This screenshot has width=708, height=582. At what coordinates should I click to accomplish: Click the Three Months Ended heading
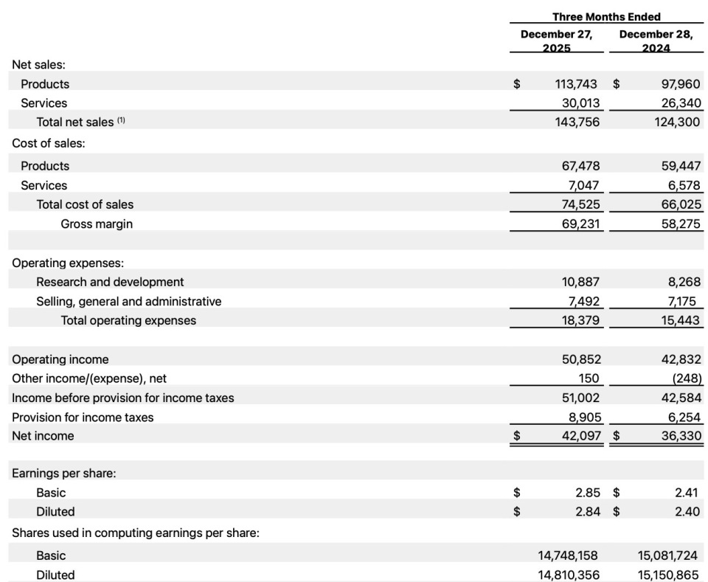(606, 16)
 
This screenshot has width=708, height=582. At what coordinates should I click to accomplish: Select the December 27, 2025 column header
(556, 41)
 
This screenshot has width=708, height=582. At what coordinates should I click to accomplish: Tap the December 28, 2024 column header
(656, 41)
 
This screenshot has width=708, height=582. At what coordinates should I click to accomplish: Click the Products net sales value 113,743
(576, 84)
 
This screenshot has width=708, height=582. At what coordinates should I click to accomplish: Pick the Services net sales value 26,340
(678, 103)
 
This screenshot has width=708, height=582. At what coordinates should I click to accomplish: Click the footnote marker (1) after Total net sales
(122, 120)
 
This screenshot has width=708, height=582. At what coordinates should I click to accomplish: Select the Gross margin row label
(97, 224)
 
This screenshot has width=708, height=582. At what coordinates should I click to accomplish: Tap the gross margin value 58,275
(680, 224)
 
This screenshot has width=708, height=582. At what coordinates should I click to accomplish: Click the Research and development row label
(110, 282)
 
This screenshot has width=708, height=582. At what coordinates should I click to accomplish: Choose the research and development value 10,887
(580, 282)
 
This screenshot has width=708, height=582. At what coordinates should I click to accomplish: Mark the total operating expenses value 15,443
(679, 320)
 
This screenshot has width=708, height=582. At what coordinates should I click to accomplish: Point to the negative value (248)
(687, 378)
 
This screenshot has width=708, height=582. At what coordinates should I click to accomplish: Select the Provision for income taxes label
(83, 417)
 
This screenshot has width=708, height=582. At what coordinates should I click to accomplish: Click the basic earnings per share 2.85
(588, 492)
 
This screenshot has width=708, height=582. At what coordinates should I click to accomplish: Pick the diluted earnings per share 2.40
(687, 511)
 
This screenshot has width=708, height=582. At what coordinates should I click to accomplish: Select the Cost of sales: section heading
(49, 143)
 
